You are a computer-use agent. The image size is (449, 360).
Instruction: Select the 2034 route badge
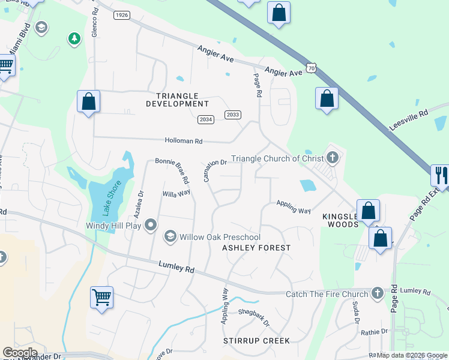click(206, 119)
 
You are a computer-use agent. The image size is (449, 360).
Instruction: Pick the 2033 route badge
click(233, 115)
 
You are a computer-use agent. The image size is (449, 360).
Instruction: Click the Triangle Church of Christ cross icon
click(333, 158)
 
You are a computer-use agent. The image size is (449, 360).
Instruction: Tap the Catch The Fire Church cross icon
click(377, 293)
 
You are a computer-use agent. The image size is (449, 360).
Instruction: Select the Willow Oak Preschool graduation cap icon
click(170, 237)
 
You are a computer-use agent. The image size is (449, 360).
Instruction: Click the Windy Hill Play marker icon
click(151, 225)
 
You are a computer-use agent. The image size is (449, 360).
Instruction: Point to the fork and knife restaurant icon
click(441, 175)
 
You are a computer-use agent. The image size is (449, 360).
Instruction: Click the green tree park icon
click(74, 39)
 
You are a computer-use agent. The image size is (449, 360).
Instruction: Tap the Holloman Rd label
click(184, 141)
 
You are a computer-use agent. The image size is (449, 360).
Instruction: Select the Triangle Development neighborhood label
click(178, 100)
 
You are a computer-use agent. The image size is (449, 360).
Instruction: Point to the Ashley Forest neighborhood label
click(256, 247)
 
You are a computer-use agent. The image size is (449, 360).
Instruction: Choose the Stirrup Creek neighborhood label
click(257, 341)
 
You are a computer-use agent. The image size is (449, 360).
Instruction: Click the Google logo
click(20, 353)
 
